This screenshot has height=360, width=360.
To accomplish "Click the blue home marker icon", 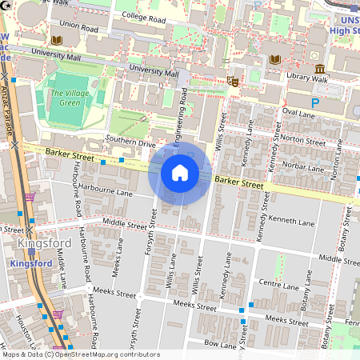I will (180, 172).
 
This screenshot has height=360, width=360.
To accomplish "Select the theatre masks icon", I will (234, 80).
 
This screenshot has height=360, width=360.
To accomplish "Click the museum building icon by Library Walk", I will (320, 68).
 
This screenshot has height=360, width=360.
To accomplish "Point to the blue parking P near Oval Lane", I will (314, 103).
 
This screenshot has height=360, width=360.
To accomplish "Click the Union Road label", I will (78, 24).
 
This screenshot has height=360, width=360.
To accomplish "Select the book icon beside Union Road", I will (56, 39).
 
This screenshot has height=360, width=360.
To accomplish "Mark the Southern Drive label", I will (129, 144).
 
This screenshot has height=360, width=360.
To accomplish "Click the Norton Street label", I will (304, 142).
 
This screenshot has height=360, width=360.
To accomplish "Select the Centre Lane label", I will (279, 283).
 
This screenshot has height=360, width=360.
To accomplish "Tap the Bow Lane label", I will (220, 343).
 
